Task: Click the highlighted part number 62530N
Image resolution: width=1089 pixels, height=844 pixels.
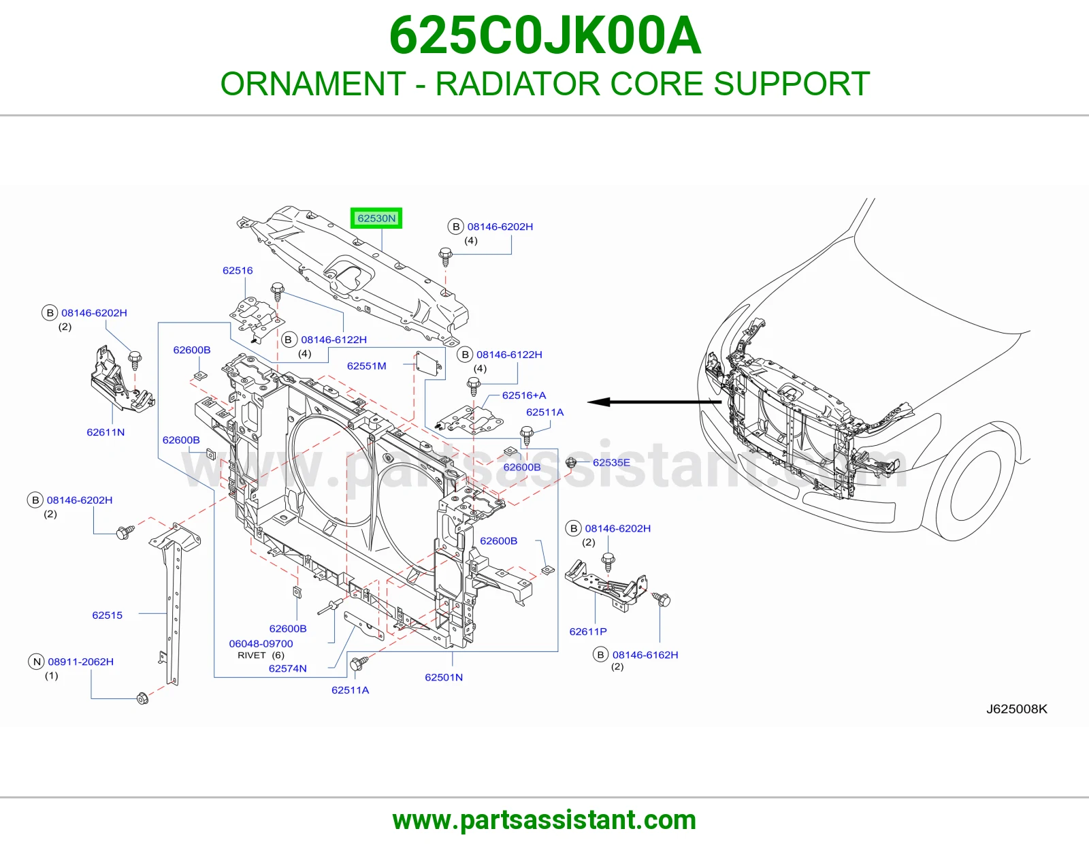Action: coord(376,218)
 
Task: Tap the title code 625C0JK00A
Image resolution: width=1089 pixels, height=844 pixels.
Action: coord(544,35)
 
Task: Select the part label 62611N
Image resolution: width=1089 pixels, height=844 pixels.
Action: coord(105,432)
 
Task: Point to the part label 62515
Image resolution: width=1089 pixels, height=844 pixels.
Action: coord(108,615)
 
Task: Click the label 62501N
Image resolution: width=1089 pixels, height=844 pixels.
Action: coord(444,677)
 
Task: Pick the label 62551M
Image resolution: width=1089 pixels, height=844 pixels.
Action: coord(366,366)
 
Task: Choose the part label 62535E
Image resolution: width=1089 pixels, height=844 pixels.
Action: coord(611,463)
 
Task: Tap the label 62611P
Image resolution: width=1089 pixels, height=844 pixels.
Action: coord(588,632)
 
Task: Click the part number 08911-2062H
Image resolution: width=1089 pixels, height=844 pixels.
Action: coord(81,662)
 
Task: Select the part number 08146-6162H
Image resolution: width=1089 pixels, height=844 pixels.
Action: coord(645,655)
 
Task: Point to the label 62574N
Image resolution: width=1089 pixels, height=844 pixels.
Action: coord(288,668)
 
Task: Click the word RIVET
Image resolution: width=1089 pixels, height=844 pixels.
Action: coord(252,655)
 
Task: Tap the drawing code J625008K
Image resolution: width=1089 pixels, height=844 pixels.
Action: coord(1017,709)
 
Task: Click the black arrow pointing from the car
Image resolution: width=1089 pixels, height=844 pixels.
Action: coord(655,402)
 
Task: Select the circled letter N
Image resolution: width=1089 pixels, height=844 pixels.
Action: coord(37,662)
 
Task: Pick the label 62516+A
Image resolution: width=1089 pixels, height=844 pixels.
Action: coord(523,395)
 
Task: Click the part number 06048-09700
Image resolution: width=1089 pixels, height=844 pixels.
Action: coord(261,643)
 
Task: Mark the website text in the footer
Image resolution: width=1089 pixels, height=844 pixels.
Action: coord(544,820)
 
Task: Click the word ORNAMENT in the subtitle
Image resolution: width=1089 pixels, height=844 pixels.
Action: coord(313,84)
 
